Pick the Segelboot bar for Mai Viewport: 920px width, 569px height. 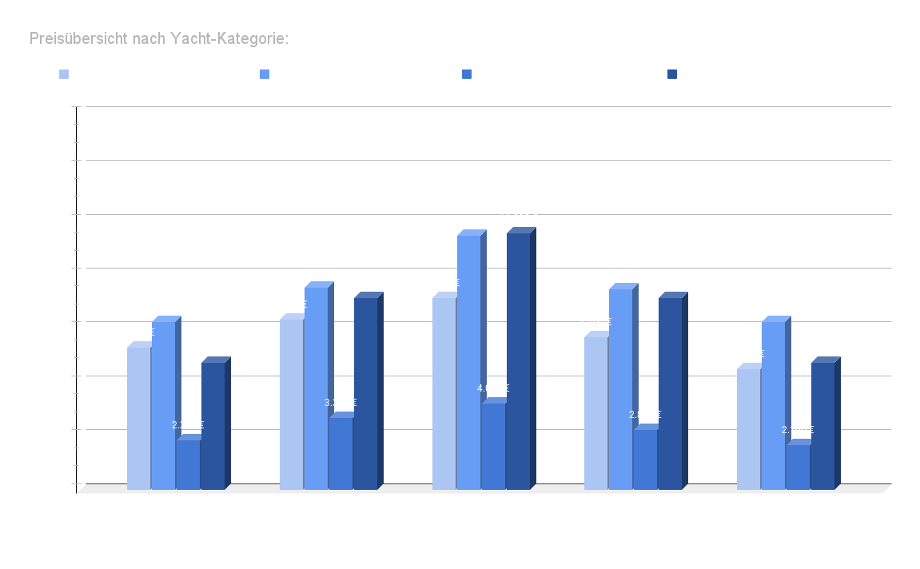(x=188, y=464)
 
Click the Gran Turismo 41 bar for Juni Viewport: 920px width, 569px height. (x=291, y=404)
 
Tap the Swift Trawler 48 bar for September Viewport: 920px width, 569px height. (x=620, y=388)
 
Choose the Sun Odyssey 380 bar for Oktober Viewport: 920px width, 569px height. (x=798, y=467)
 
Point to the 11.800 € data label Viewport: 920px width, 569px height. (x=469, y=221)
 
